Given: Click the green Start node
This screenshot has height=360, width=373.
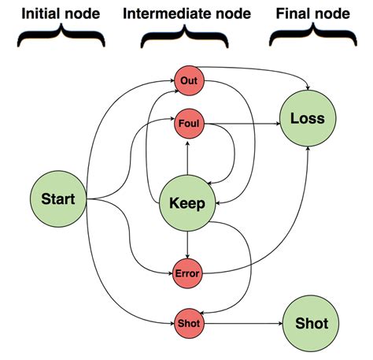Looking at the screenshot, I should click(x=58, y=199).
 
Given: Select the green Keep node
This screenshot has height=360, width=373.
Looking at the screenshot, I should click(x=187, y=202).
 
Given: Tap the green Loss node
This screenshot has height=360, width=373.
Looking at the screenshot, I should click(x=307, y=120).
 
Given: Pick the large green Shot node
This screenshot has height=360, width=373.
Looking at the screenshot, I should click(x=311, y=323).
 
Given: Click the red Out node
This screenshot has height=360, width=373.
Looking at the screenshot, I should click(x=187, y=80).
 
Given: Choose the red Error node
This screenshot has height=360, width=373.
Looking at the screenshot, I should click(x=187, y=273).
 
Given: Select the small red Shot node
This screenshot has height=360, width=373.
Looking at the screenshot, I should click(x=187, y=323).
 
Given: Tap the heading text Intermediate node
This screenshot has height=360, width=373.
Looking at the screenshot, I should click(x=186, y=13).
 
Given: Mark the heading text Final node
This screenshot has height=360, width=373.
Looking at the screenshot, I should click(x=312, y=13).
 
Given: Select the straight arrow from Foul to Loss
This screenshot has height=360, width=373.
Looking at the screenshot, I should click(x=240, y=122).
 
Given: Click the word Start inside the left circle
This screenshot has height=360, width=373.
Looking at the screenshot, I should click(x=58, y=199).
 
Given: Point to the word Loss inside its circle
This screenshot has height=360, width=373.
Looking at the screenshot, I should click(x=307, y=120).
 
